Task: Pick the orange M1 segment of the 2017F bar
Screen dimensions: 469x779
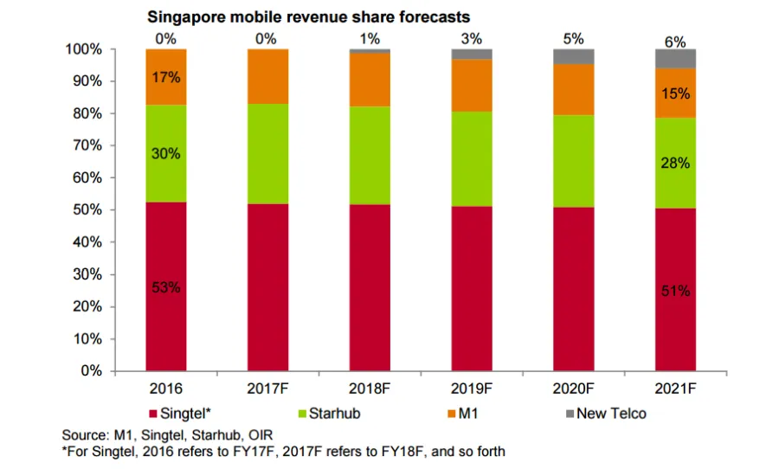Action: click(268, 77)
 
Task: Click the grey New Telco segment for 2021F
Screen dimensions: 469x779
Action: click(676, 59)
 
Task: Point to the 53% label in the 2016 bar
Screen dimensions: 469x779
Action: click(166, 287)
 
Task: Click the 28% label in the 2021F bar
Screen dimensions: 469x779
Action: click(676, 164)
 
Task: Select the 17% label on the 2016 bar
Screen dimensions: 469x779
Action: click(166, 78)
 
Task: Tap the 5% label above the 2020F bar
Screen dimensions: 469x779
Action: click(574, 39)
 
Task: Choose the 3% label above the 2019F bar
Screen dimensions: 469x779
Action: click(472, 40)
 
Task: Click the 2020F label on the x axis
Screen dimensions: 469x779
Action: click(574, 389)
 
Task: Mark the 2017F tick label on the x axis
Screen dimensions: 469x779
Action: click(268, 389)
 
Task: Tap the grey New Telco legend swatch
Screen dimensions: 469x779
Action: click(568, 414)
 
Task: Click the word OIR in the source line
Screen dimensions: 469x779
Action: click(258, 434)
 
